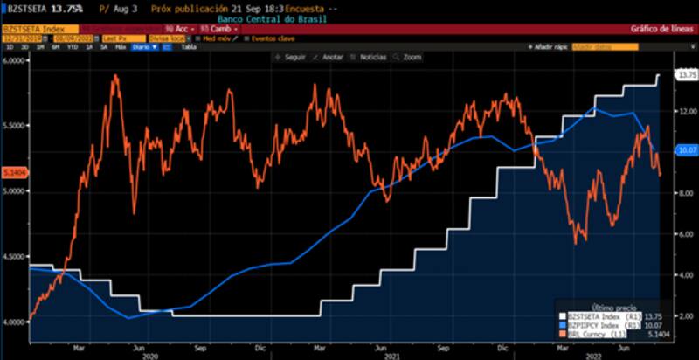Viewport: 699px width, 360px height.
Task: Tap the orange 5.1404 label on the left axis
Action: click(x=14, y=172)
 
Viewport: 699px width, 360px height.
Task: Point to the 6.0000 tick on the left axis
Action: click(x=14, y=61)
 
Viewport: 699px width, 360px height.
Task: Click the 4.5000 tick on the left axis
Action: click(x=14, y=256)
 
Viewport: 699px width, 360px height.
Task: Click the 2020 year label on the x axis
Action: click(x=150, y=356)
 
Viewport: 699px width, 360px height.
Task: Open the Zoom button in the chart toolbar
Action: click(x=408, y=57)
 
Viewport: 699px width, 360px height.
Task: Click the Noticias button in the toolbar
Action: click(x=369, y=57)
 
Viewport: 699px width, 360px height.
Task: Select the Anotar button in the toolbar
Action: click(x=329, y=57)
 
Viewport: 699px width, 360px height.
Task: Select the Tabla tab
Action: click(x=188, y=47)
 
